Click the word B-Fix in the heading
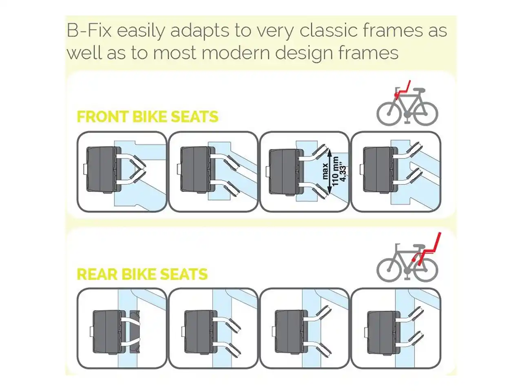point(89,31)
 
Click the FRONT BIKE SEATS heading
point(148,116)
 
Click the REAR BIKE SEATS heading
point(142,274)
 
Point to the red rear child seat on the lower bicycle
point(427,249)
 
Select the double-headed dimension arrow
point(330,171)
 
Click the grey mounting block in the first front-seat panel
point(104,169)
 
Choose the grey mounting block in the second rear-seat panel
point(201,332)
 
